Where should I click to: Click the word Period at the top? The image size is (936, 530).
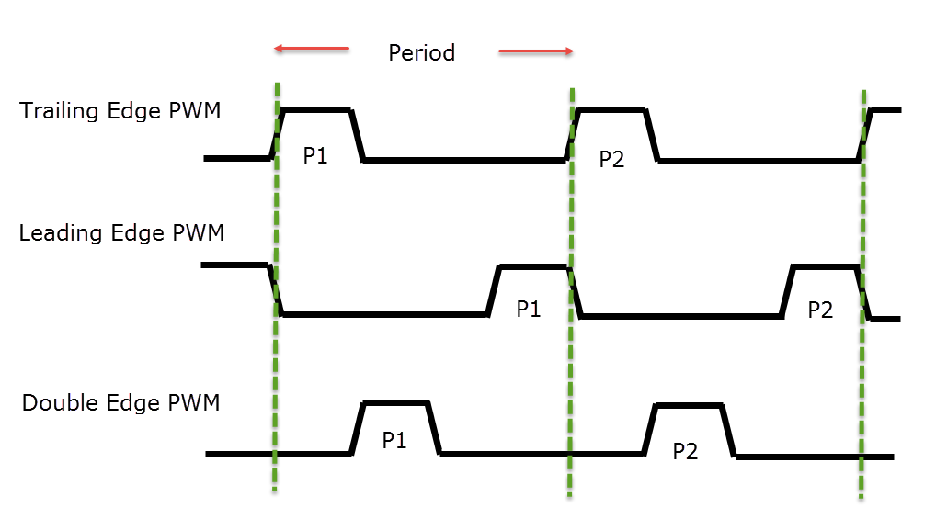pos(421,53)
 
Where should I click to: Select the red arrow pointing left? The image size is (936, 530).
pos(311,49)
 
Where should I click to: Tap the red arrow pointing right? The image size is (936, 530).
pos(536,51)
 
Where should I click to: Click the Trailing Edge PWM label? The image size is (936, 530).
pos(120,111)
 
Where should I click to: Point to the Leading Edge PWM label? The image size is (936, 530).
pos(121,232)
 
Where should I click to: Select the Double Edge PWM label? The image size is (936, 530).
pos(120,403)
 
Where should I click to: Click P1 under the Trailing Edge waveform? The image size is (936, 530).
pos(315,155)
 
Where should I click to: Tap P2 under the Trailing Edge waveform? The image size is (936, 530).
pos(611,159)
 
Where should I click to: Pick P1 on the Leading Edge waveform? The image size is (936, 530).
pos(529,309)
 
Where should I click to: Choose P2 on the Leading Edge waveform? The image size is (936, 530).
pos(820,310)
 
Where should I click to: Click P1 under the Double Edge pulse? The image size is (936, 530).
pos(394,441)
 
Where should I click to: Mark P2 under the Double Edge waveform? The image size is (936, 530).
pos(685,451)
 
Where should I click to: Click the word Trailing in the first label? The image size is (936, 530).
pos(59,111)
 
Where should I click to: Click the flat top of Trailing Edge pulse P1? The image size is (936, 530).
pos(317,109)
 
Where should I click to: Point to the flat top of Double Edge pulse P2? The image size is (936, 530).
pos(690,405)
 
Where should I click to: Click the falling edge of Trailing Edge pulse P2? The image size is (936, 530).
pos(652,135)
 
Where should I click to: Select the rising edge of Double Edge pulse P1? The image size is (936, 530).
pos(358,429)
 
